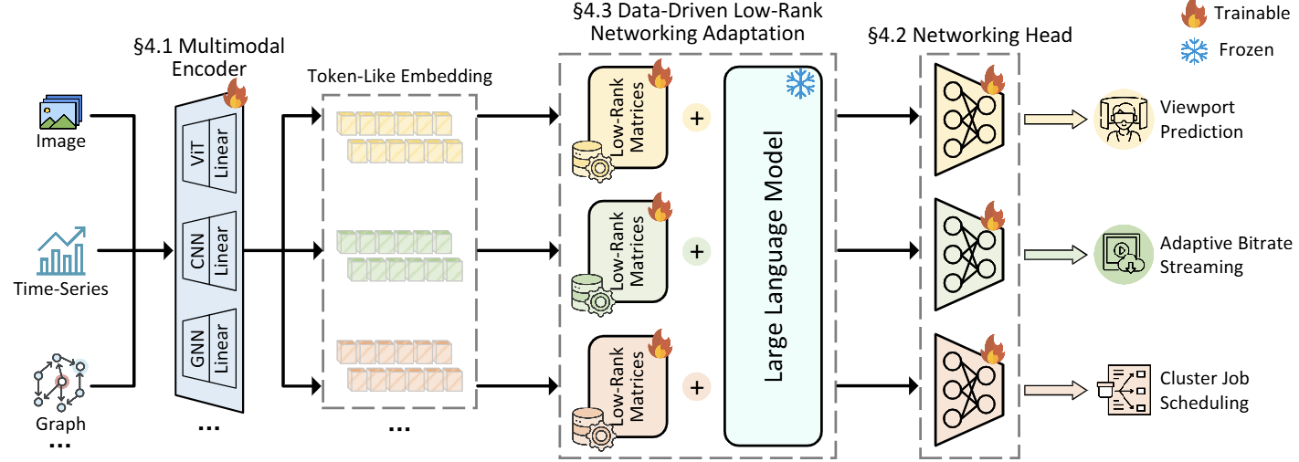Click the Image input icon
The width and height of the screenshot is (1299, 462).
pos(60,114)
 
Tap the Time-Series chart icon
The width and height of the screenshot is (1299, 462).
pos(60,250)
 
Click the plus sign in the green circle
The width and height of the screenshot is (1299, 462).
pos(697,251)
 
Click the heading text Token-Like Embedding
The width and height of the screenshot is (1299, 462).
pos(398,77)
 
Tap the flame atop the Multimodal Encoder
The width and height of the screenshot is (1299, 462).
pos(236,92)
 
